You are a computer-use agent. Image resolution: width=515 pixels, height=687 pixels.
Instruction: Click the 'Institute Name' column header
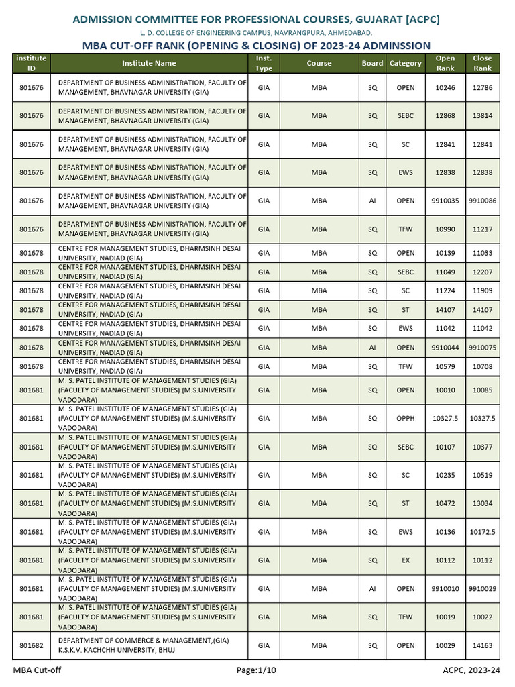[x=149, y=63]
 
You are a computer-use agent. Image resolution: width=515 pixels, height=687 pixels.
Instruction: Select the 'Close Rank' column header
[x=482, y=63]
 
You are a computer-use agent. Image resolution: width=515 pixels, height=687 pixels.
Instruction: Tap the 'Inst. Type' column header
[x=264, y=63]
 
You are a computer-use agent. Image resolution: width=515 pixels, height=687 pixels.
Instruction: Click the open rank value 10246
[x=445, y=87]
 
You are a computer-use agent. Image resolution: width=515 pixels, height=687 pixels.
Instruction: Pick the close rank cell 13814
[x=482, y=115]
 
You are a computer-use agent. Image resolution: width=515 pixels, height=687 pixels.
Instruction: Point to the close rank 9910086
[x=482, y=201]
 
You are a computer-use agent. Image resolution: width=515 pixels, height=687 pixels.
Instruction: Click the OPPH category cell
[x=406, y=418]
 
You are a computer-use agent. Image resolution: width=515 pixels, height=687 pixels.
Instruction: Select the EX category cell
[x=406, y=560]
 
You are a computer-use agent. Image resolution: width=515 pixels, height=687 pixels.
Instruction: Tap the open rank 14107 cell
[x=445, y=310]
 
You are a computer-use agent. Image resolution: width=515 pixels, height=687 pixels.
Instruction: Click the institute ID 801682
[x=32, y=645]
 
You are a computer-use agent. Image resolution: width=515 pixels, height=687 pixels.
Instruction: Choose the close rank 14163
[x=482, y=645]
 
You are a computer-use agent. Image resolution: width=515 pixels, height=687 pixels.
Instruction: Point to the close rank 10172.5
[x=482, y=531]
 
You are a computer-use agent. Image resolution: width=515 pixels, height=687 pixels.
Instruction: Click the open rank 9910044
[x=445, y=348]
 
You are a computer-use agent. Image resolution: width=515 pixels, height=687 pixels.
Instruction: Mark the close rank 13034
[x=482, y=503]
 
